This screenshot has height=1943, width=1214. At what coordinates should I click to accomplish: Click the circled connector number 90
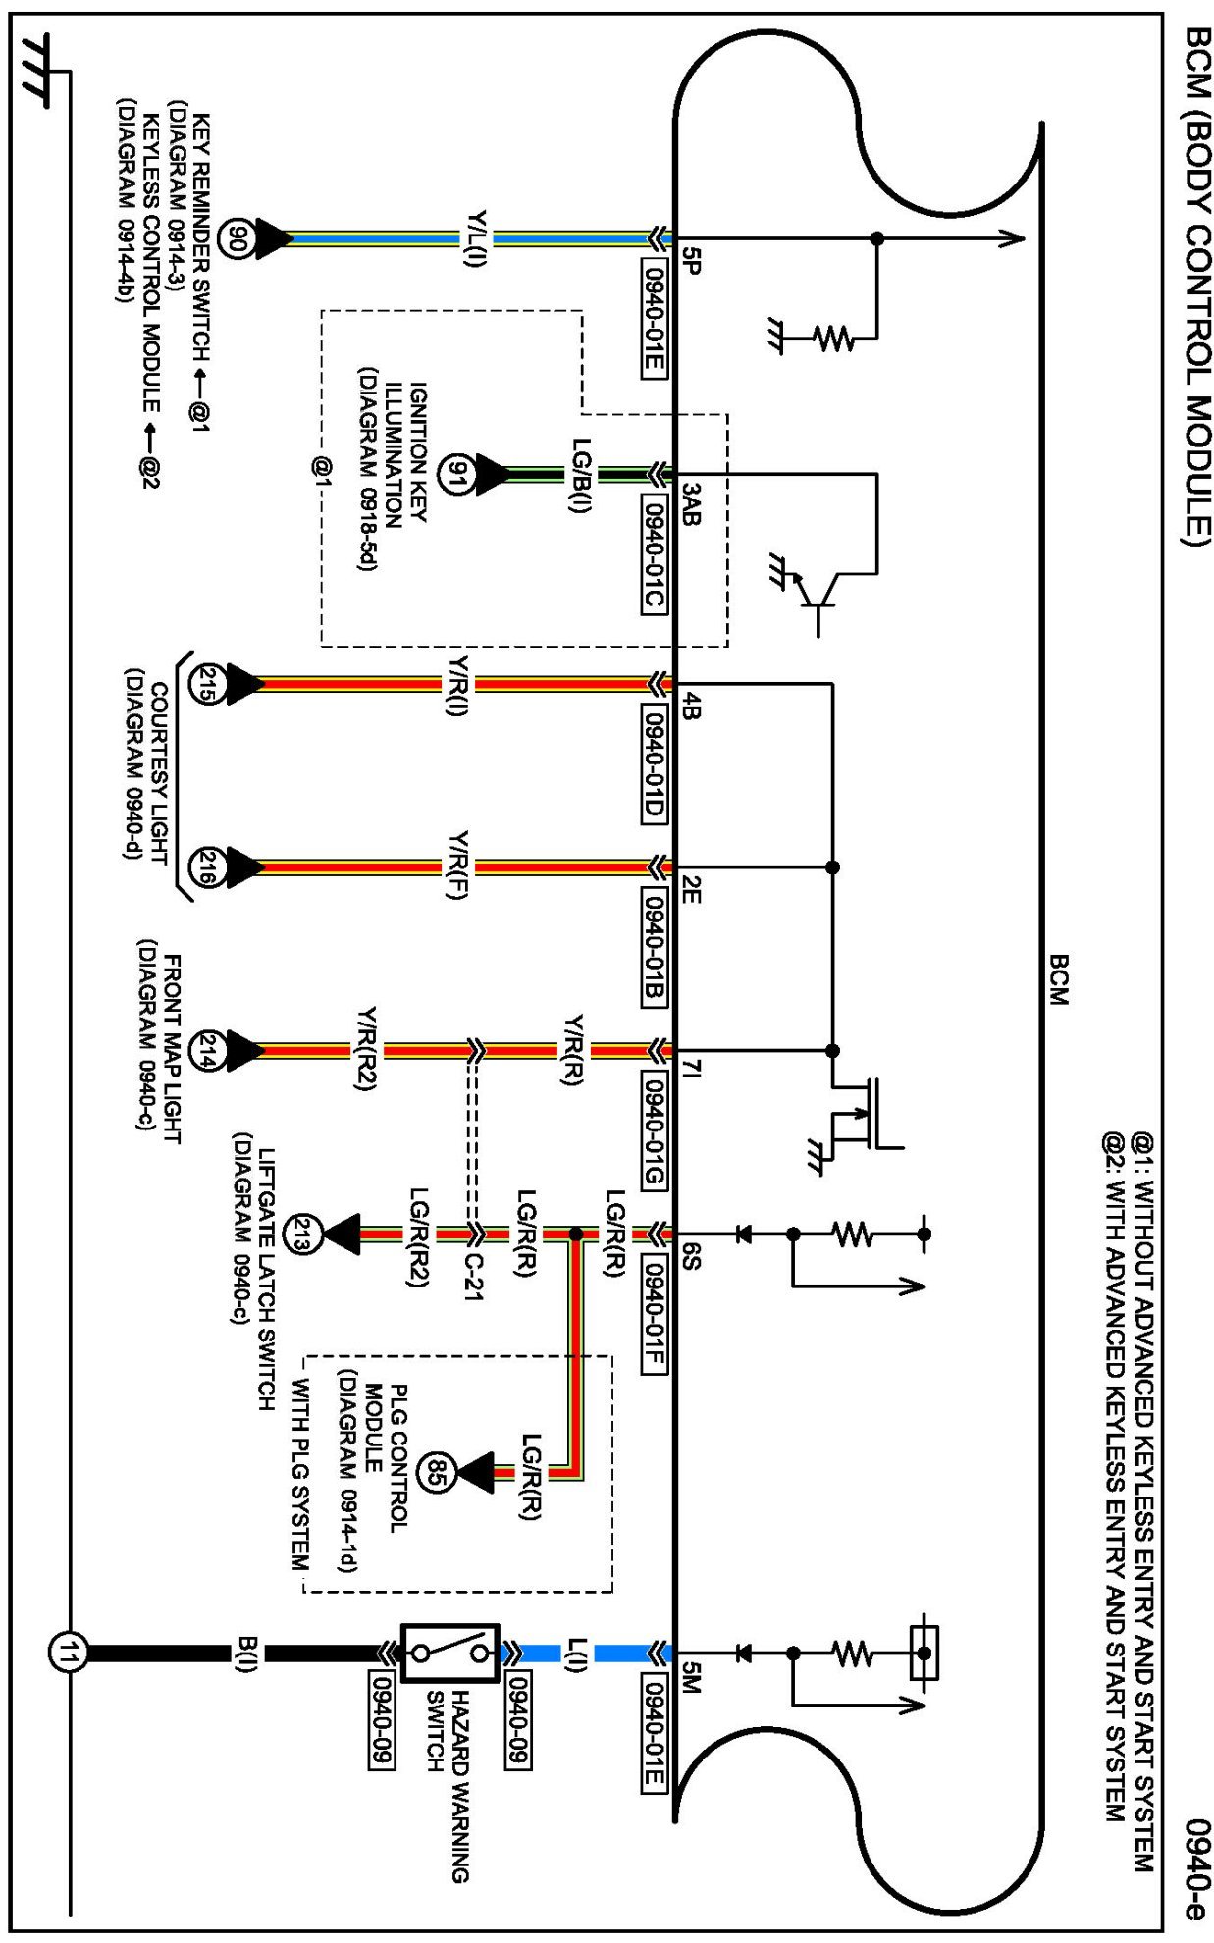(236, 238)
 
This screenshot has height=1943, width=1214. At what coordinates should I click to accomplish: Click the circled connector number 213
(301, 1234)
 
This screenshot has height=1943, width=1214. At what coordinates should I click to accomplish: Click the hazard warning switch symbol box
(450, 1654)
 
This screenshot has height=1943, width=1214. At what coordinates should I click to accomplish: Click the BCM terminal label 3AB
(692, 503)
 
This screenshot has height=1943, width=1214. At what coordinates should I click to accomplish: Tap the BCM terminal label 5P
(692, 260)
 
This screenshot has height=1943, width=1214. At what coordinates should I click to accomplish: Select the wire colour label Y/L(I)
(477, 238)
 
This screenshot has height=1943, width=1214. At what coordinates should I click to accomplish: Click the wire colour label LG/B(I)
(581, 475)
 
